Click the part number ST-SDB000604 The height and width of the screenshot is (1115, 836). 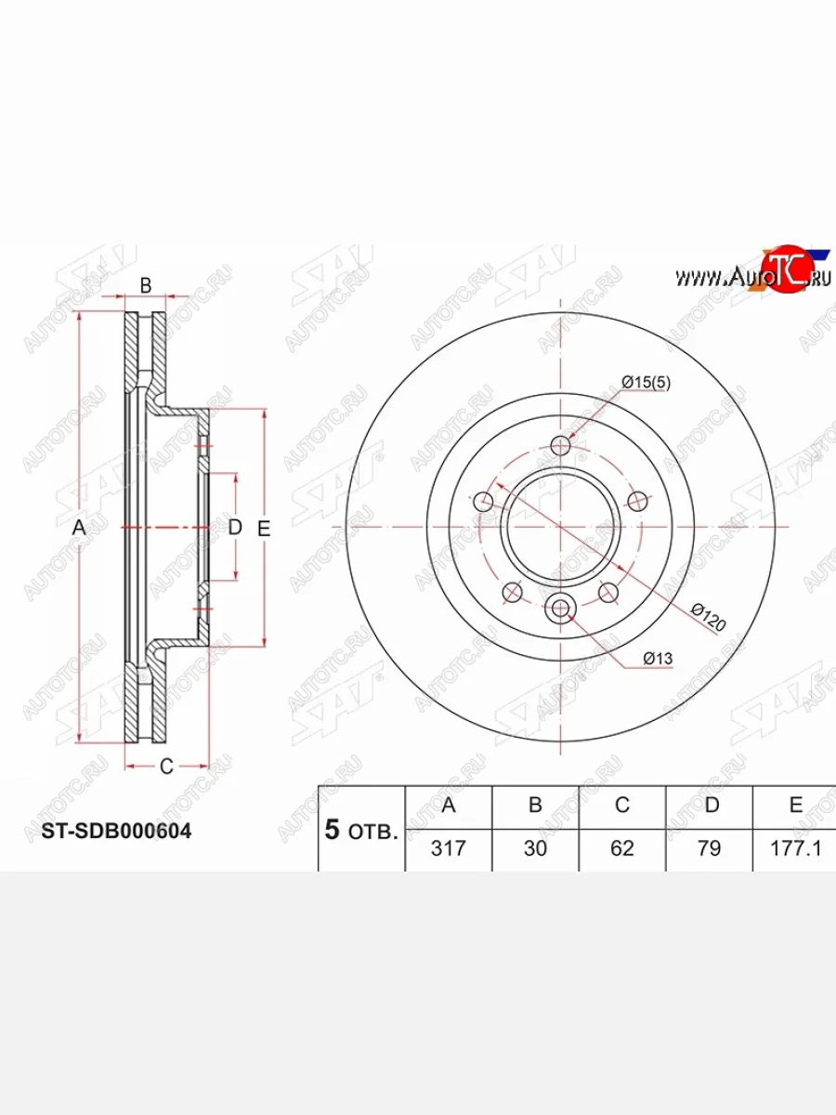click(x=116, y=832)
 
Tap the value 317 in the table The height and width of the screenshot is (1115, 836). click(x=448, y=848)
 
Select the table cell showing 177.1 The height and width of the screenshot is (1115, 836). click(x=795, y=848)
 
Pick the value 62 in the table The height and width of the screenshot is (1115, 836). click(x=621, y=848)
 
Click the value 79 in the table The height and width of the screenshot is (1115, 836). click(x=709, y=848)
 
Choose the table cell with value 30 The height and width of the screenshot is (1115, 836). click(x=535, y=848)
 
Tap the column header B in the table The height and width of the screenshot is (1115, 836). click(x=535, y=806)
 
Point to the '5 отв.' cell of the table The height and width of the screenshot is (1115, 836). click(x=361, y=830)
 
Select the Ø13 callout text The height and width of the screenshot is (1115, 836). click(x=658, y=659)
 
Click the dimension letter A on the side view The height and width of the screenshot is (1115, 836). click(x=80, y=529)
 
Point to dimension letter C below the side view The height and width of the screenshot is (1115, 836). click(x=166, y=767)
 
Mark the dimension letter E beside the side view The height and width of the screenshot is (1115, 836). click(x=264, y=529)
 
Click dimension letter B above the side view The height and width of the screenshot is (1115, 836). click(x=146, y=286)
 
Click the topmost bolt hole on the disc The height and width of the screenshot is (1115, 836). click(x=560, y=446)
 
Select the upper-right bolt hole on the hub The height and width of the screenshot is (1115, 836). click(x=637, y=502)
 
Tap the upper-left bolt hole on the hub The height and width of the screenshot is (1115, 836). click(x=483, y=502)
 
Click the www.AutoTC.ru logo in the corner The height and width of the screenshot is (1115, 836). click(x=752, y=274)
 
